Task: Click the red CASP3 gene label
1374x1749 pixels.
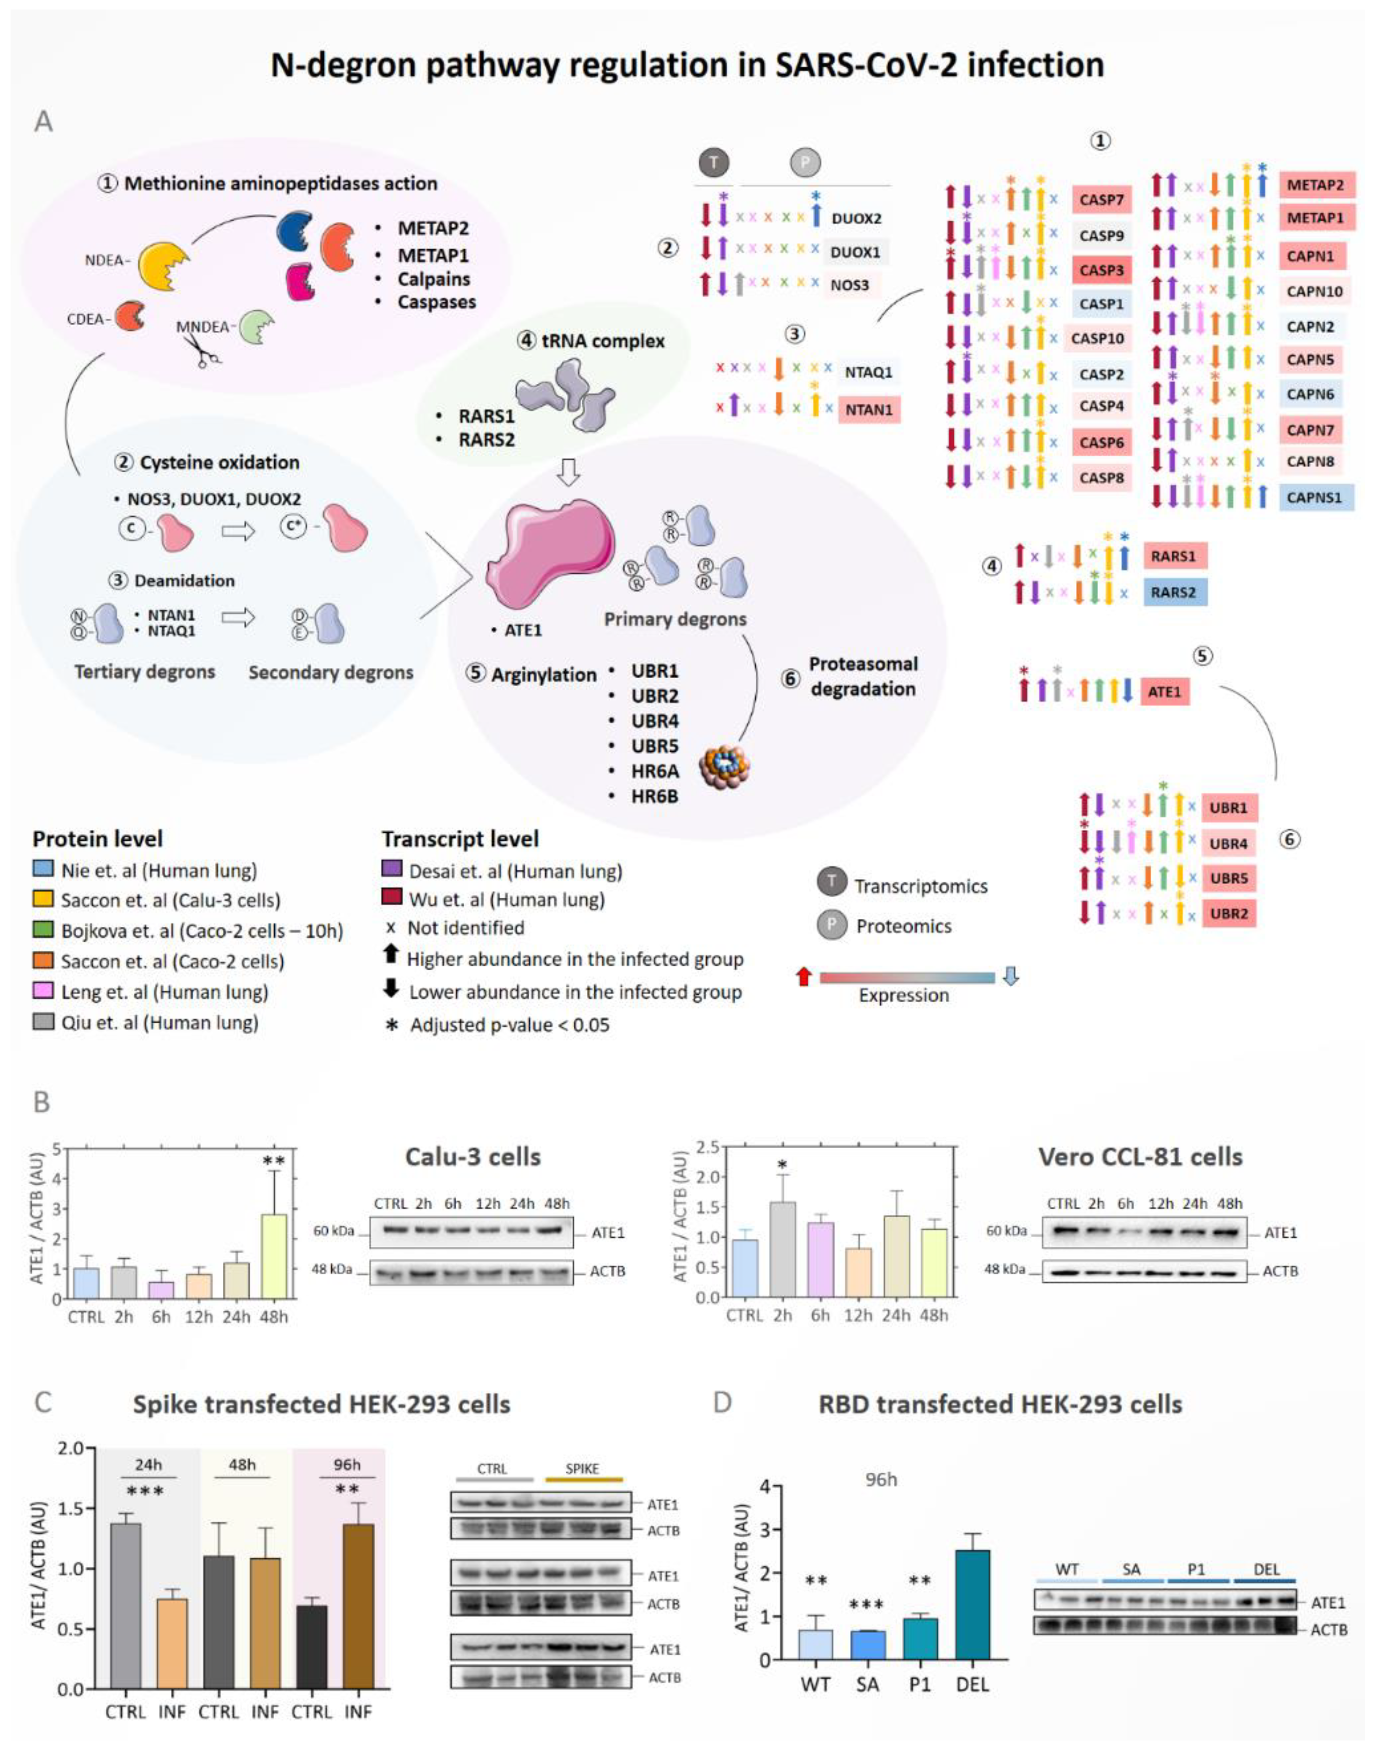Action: click(1101, 269)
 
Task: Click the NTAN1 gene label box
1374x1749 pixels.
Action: click(869, 410)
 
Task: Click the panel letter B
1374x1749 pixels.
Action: click(41, 1102)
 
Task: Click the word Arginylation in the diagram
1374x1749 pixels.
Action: click(544, 674)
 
